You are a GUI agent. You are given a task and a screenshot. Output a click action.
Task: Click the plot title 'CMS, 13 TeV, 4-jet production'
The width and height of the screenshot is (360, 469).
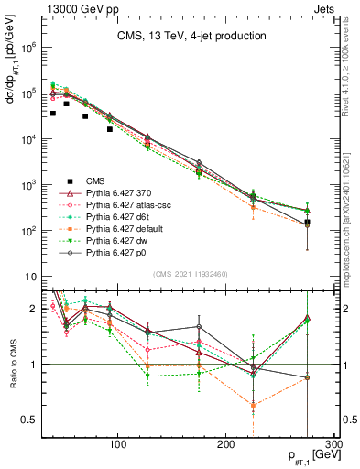point(190,36)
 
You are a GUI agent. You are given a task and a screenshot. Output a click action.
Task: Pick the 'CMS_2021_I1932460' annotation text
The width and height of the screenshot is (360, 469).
point(190,273)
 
